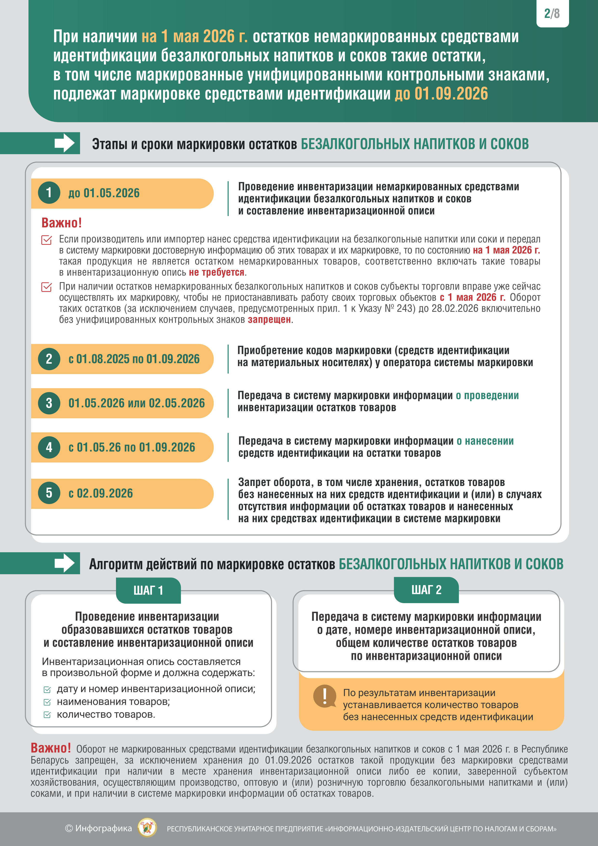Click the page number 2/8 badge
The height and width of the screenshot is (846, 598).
(552, 14)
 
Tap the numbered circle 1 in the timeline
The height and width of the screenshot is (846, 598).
(49, 193)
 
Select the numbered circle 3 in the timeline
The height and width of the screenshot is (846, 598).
(49, 403)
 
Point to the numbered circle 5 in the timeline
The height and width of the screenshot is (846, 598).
(49, 493)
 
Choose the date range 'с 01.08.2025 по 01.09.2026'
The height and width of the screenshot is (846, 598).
(134, 359)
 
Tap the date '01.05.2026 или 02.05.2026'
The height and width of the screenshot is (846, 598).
(136, 403)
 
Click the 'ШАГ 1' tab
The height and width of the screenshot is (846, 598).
(148, 590)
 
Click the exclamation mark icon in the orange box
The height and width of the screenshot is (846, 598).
(324, 696)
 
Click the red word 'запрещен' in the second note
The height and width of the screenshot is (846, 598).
(269, 320)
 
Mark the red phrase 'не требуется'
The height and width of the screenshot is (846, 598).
(216, 272)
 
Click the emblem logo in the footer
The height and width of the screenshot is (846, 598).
(147, 828)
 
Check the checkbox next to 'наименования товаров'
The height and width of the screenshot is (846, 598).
(47, 702)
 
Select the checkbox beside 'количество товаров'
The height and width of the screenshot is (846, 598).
(47, 715)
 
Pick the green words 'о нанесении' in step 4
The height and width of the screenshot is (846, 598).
(485, 441)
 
